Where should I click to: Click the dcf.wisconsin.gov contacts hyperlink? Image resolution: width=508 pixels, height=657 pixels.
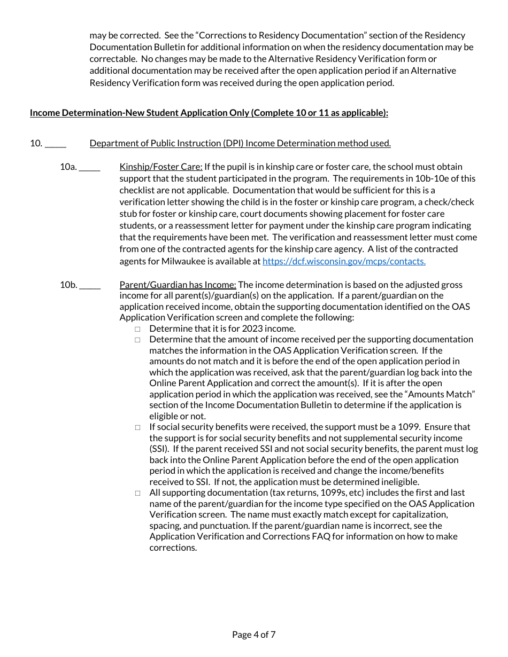344,261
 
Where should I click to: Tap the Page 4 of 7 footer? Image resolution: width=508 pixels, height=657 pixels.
253,635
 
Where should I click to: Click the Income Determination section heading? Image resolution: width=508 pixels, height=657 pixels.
209,113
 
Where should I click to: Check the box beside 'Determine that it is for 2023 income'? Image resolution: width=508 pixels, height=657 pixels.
137,329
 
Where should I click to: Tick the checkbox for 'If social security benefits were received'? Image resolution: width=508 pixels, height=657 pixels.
137,427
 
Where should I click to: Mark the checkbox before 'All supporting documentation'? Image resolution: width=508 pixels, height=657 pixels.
137,493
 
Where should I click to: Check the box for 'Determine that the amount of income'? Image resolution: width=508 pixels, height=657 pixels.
137,340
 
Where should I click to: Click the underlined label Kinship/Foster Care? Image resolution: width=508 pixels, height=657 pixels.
160,167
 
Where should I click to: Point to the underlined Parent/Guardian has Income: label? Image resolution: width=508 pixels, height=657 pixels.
178,285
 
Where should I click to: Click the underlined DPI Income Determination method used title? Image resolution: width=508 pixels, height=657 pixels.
240,143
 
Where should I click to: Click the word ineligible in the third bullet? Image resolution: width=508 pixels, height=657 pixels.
398,481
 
